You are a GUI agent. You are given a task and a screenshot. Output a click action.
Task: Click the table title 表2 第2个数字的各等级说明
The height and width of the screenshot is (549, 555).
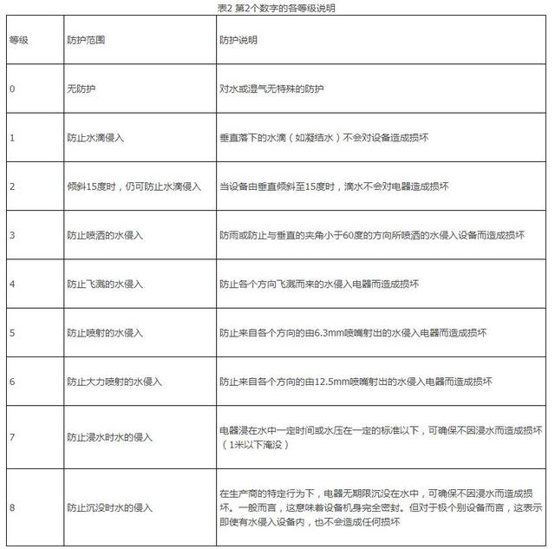coord(277,7)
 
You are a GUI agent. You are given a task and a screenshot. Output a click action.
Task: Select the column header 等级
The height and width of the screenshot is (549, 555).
coord(19,41)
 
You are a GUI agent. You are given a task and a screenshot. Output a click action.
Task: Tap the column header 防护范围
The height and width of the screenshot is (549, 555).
coord(88,41)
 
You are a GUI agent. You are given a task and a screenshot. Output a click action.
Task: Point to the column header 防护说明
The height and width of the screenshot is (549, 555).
coord(239,41)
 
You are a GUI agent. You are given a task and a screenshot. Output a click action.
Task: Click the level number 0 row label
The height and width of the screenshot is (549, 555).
coord(12,88)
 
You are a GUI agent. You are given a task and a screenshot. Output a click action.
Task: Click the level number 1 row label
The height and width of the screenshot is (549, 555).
coord(12,137)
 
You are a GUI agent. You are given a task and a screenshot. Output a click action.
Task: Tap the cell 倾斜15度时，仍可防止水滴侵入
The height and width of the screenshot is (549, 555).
coord(134,186)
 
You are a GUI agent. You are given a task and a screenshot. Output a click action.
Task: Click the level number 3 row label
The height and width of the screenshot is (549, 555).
coord(12,235)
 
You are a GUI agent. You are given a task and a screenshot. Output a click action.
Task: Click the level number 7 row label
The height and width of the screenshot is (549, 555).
coord(12,437)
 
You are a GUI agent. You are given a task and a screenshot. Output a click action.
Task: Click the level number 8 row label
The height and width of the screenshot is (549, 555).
coord(12,507)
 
